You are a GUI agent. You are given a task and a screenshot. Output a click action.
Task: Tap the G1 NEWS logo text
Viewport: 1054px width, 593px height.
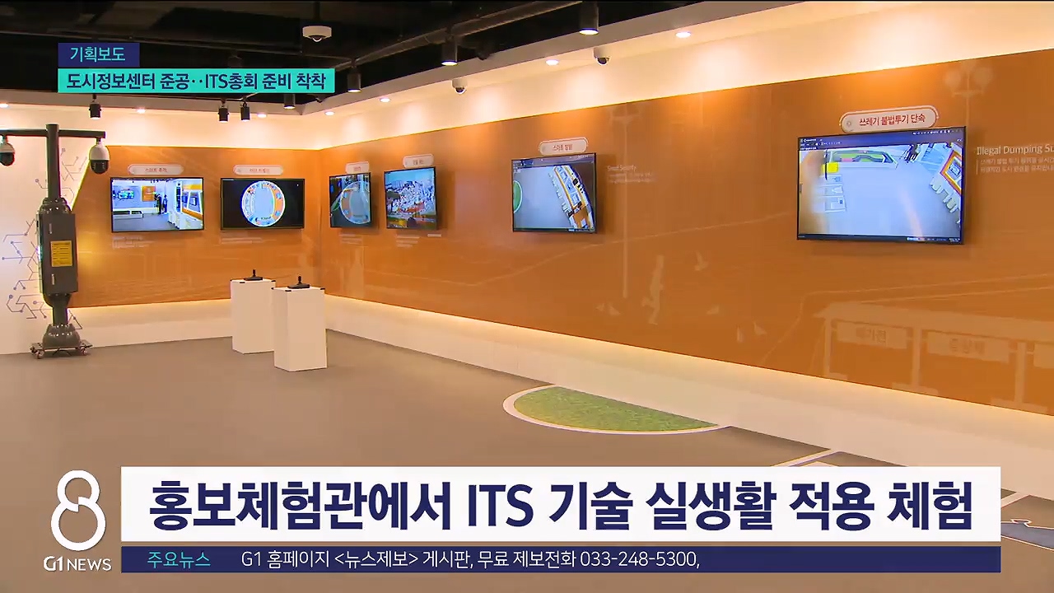coord(77,564)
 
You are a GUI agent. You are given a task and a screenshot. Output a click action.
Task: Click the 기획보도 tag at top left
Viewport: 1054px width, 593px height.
coord(98,54)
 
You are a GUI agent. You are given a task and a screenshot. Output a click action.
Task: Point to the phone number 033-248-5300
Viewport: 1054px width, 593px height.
coord(639,560)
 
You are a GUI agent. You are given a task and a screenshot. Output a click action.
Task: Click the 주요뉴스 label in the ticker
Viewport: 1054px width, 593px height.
coord(179,560)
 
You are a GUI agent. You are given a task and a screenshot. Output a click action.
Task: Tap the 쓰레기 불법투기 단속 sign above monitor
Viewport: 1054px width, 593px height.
coord(888,119)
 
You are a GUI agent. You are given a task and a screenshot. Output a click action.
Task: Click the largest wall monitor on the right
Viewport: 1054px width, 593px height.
coord(880,184)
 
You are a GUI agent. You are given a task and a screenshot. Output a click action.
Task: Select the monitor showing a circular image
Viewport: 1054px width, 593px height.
coord(262,203)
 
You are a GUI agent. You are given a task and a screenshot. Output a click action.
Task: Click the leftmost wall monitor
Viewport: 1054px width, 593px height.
coord(156,204)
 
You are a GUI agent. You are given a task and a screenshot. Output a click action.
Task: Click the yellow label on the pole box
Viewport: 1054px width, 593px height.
coord(61,254)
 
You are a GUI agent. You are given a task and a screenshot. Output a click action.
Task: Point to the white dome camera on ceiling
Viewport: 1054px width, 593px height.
coord(316,33)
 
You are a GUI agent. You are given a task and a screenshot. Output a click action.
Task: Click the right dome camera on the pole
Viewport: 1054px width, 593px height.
coord(99,156)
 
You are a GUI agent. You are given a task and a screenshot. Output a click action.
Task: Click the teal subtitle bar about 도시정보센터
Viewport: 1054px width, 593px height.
coord(196,81)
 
